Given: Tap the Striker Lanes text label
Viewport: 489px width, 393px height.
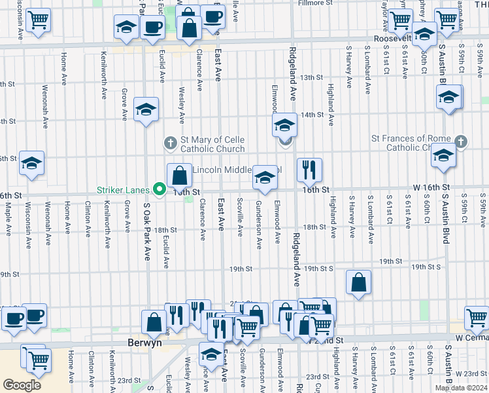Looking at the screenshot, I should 124,190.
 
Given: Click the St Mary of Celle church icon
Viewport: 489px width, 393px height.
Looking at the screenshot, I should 170,142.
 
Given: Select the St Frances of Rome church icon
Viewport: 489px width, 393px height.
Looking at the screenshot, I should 461,142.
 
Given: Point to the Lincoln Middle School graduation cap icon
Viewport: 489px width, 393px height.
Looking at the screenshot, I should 264,177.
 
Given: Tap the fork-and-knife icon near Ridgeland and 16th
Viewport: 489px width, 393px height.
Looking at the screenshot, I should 309,170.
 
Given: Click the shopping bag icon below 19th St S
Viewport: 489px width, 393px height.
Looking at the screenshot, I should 358,283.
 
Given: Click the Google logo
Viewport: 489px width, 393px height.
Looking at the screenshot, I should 22,384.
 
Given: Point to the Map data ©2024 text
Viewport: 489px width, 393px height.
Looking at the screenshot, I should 461,388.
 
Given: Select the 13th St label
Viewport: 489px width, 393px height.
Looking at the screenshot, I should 312,77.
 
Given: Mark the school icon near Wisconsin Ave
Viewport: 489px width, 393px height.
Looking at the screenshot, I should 31,164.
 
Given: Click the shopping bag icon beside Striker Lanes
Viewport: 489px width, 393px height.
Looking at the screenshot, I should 179,176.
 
